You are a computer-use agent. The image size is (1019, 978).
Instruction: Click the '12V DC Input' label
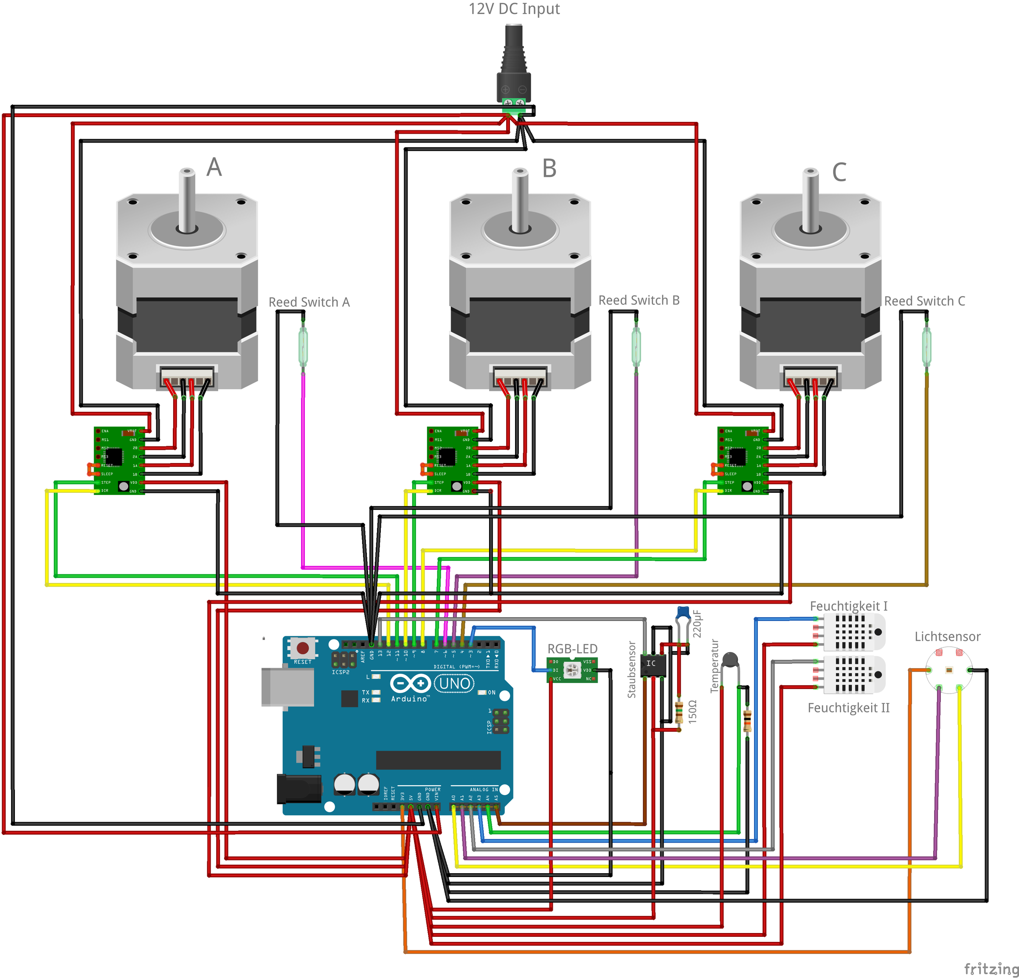514,9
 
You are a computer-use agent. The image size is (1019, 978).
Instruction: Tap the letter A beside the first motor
214,167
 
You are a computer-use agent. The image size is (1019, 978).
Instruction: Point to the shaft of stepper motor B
520,200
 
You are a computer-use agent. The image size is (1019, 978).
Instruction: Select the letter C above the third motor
839,172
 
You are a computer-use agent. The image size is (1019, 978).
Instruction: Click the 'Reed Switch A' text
309,302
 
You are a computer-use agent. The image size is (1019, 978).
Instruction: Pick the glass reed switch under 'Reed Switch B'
636,346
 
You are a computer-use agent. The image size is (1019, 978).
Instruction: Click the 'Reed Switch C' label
924,301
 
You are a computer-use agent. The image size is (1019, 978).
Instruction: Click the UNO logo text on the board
454,683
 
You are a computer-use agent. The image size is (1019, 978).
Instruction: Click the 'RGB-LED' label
572,649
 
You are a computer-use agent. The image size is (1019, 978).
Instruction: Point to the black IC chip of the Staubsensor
653,665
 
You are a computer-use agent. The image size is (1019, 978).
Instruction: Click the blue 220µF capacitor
683,614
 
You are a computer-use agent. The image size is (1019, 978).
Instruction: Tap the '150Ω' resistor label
692,711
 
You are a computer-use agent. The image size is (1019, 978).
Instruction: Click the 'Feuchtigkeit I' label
848,606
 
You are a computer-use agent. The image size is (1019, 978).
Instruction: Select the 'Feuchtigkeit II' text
848,708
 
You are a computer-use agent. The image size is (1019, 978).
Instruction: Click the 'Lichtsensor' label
947,637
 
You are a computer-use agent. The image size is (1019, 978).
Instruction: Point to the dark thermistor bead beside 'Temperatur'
730,660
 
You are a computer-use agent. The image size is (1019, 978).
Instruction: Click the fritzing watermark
991,969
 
